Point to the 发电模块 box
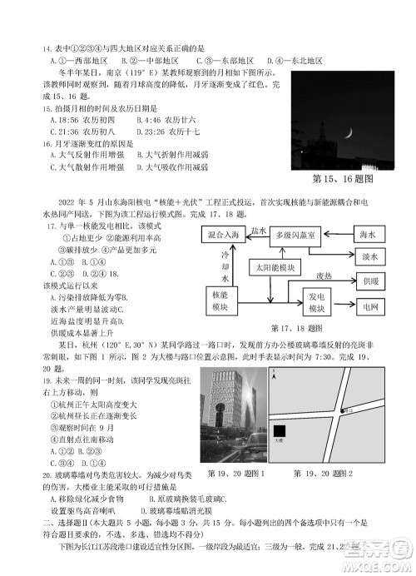coord(316,301)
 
